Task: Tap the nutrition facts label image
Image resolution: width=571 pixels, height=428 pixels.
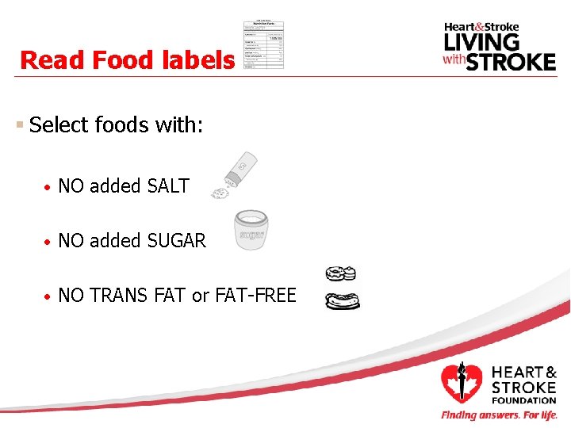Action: click(x=264, y=44)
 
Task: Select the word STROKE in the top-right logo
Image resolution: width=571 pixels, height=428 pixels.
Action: click(x=511, y=61)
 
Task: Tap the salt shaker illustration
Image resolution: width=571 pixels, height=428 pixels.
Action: click(x=238, y=174)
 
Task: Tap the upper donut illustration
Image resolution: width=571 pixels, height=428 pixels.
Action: click(x=342, y=274)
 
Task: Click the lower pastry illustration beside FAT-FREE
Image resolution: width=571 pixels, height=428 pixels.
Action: click(x=343, y=301)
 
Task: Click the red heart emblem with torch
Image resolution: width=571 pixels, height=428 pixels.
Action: click(x=462, y=383)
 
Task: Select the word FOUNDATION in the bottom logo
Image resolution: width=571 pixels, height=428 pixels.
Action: click(x=523, y=400)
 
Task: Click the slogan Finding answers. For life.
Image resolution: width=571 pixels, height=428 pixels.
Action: click(x=500, y=415)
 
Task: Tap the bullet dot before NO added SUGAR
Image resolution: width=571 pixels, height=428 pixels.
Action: click(x=48, y=242)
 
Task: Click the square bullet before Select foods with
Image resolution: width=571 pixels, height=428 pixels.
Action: click(x=19, y=125)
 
